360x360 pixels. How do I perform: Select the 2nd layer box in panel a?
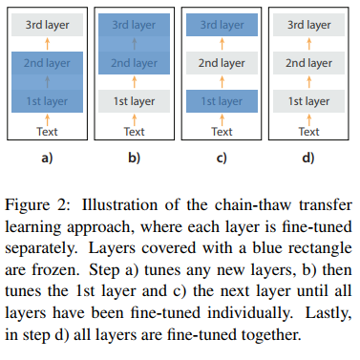coord(48,63)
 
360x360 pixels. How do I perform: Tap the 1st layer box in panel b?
coord(135,99)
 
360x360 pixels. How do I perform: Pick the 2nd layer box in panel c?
coord(222,63)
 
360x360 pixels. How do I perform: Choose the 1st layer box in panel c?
coord(222,99)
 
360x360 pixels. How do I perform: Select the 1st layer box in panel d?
coord(307,99)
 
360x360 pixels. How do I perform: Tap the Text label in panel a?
coord(48,131)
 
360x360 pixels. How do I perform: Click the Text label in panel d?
coord(307,131)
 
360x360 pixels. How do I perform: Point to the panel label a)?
coord(48,157)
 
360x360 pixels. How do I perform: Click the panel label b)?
coord(135,157)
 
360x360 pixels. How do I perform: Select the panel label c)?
coord(222,157)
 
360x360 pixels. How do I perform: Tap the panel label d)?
coord(307,157)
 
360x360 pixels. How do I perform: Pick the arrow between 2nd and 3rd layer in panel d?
coord(307,45)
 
